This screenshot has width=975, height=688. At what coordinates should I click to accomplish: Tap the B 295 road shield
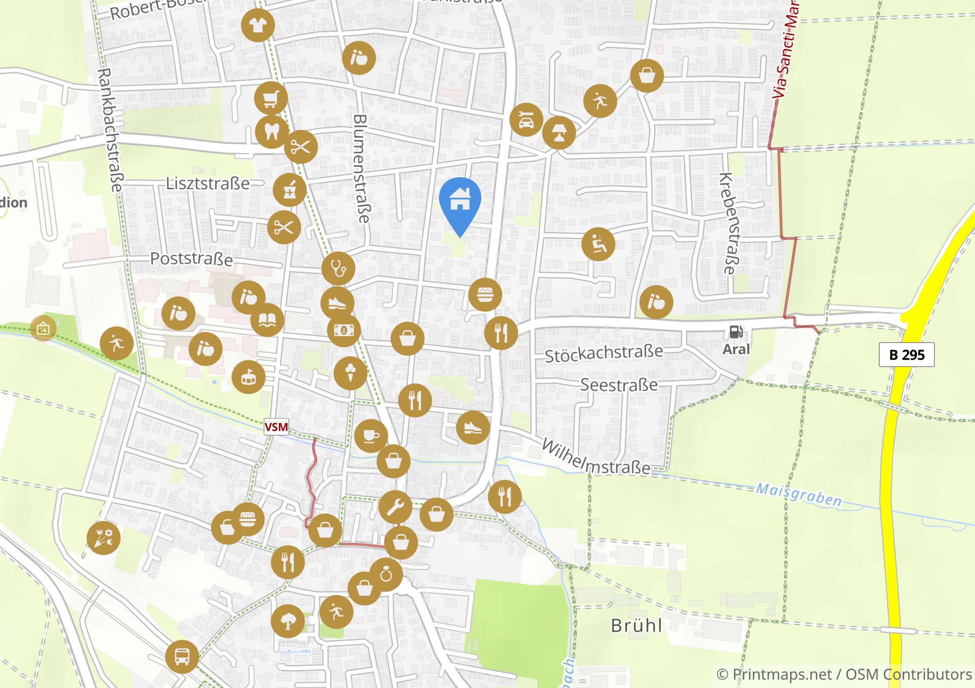click(907, 355)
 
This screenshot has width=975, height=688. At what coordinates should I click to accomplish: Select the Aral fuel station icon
click(736, 332)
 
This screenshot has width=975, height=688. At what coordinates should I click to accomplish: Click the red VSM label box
click(276, 426)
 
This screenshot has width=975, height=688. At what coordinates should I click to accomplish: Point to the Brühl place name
click(636, 626)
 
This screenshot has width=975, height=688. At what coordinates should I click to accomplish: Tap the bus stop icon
click(182, 657)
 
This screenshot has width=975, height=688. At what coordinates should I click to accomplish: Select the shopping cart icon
click(271, 98)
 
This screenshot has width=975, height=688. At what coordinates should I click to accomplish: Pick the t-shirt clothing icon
click(257, 26)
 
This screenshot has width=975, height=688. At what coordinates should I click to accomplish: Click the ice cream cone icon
click(351, 373)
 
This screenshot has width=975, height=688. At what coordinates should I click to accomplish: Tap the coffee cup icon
click(370, 436)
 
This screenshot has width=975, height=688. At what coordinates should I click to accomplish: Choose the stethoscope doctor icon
click(338, 269)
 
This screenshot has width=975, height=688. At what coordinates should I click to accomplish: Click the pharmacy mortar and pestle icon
click(290, 190)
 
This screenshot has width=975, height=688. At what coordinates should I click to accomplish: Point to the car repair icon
click(526, 120)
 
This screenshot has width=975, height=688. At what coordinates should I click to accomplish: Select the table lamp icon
click(559, 133)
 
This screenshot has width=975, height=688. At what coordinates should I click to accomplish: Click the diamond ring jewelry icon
click(386, 575)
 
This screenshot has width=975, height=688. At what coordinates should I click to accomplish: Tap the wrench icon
click(395, 507)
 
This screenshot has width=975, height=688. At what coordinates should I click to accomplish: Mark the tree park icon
click(287, 621)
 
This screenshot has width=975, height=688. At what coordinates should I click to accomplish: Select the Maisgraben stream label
click(798, 495)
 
